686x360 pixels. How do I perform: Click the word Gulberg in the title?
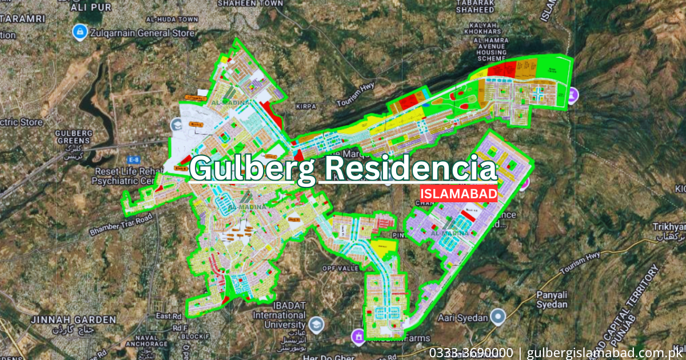(252, 169)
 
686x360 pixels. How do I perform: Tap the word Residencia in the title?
(408, 169)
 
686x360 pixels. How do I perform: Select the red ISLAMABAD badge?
(458, 194)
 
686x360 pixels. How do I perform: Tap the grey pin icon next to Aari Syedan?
(499, 317)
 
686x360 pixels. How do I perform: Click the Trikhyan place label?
(669, 227)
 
